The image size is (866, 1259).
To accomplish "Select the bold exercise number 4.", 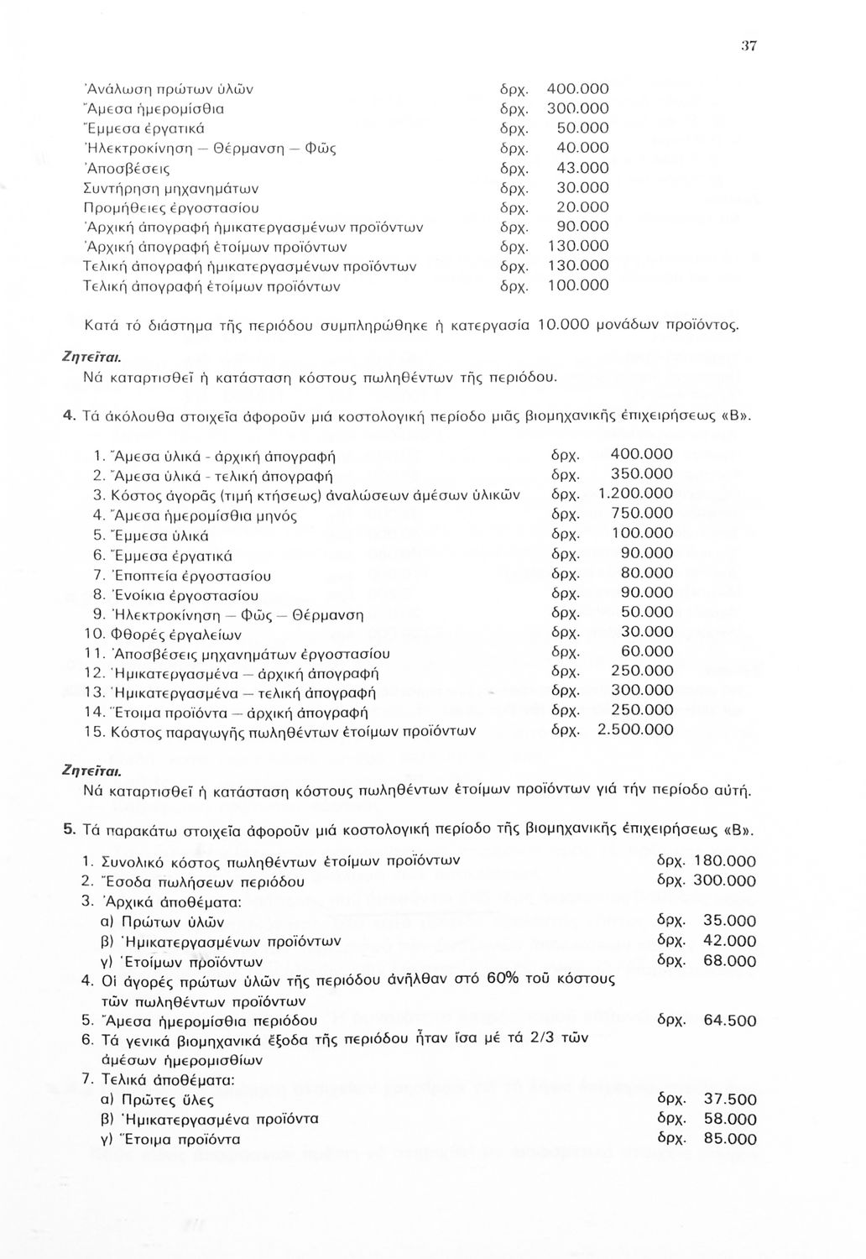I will point(67,417).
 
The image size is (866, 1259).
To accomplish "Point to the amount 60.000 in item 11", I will point(647,651).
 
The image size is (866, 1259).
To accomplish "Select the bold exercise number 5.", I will point(67,829).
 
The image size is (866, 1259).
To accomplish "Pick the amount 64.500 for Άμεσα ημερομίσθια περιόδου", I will point(729,1021).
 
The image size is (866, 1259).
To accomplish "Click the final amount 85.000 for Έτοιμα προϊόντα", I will point(729,1140).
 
